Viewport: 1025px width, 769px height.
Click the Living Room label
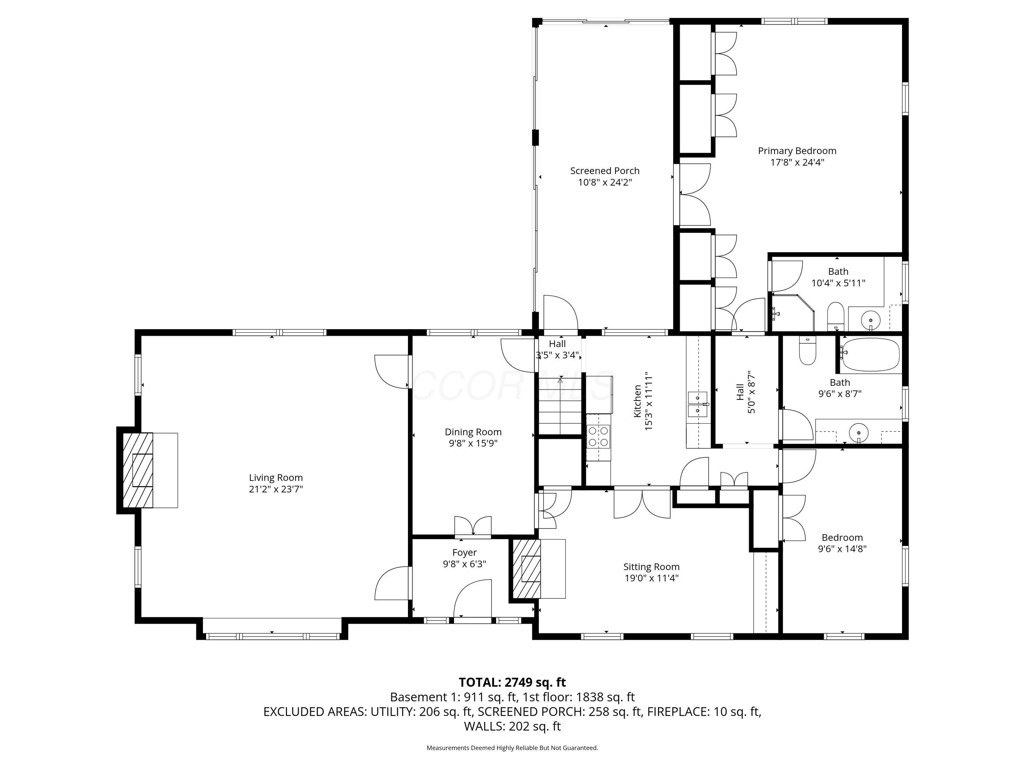coord(276,477)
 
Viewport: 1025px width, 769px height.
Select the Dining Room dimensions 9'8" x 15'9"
coord(473,443)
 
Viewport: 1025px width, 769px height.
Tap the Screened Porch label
coord(605,171)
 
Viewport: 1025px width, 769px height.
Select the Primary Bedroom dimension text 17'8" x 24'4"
coord(797,162)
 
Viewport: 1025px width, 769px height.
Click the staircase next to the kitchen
coord(560,406)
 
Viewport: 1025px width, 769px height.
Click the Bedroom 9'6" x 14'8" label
coord(842,538)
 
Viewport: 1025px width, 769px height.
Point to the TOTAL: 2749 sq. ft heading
coord(512,682)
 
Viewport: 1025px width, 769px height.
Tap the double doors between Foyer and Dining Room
coord(473,527)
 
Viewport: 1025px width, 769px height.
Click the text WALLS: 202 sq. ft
coord(512,726)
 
